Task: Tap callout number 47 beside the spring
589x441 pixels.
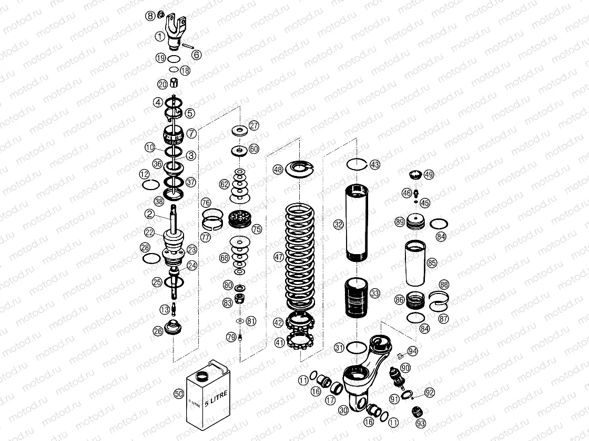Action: point(278,257)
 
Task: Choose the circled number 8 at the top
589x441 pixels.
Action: point(150,16)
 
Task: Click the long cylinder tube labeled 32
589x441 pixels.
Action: point(361,223)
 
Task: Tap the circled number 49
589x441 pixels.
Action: point(429,175)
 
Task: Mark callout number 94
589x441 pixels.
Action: point(412,351)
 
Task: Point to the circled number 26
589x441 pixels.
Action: point(158,331)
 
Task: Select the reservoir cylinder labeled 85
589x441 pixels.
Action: point(415,262)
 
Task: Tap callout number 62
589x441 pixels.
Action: point(225,184)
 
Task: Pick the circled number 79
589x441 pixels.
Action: point(231,337)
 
